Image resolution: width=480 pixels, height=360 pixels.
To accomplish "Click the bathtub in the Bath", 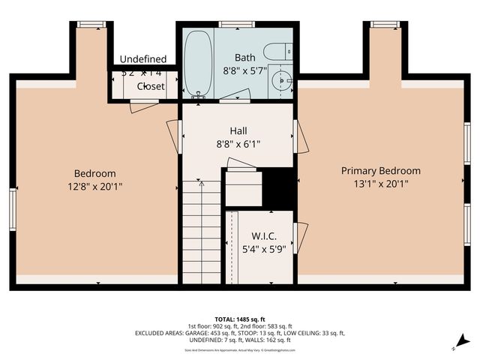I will click(x=199, y=64).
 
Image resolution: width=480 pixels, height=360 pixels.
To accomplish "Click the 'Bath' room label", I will click(x=244, y=58).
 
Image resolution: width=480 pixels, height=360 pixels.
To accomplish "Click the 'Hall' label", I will click(x=238, y=130).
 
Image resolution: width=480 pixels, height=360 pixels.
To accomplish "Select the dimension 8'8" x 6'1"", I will click(x=238, y=143).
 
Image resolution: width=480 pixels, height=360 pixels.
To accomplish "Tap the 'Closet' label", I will click(x=150, y=86).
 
